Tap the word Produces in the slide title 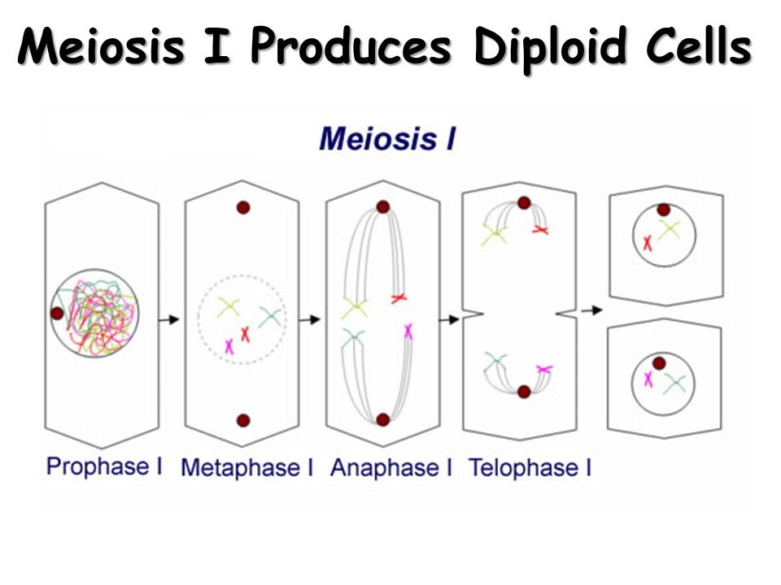pyautogui.click(x=351, y=48)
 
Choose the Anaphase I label pyautogui.click(x=390, y=468)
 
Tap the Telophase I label pyautogui.click(x=530, y=468)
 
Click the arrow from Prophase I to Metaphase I pyautogui.click(x=169, y=319)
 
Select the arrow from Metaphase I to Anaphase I pyautogui.click(x=309, y=319)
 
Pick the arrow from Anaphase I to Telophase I pyautogui.click(x=449, y=319)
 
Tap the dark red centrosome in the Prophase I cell pyautogui.click(x=57, y=313)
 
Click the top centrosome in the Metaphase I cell pyautogui.click(x=242, y=208)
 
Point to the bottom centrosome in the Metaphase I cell pyautogui.click(x=242, y=420)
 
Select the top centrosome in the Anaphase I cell pyautogui.click(x=382, y=207)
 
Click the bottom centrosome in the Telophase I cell pyautogui.click(x=524, y=392)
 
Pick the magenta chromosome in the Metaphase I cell pyautogui.click(x=229, y=346)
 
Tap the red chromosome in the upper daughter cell pyautogui.click(x=648, y=242)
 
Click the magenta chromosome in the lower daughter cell pyautogui.click(x=648, y=379)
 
